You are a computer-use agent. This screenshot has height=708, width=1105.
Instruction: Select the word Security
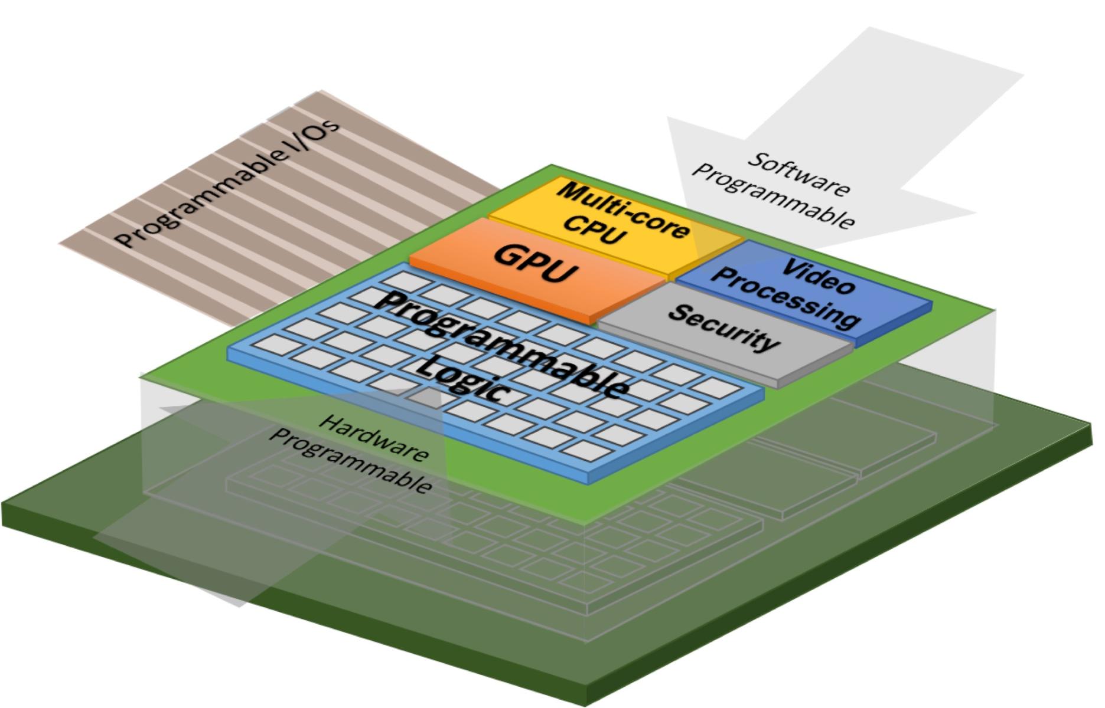(x=723, y=328)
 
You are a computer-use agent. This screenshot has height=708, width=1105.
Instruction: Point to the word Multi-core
(x=623, y=209)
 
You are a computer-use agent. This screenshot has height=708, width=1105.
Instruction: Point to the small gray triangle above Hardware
(x=425, y=398)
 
